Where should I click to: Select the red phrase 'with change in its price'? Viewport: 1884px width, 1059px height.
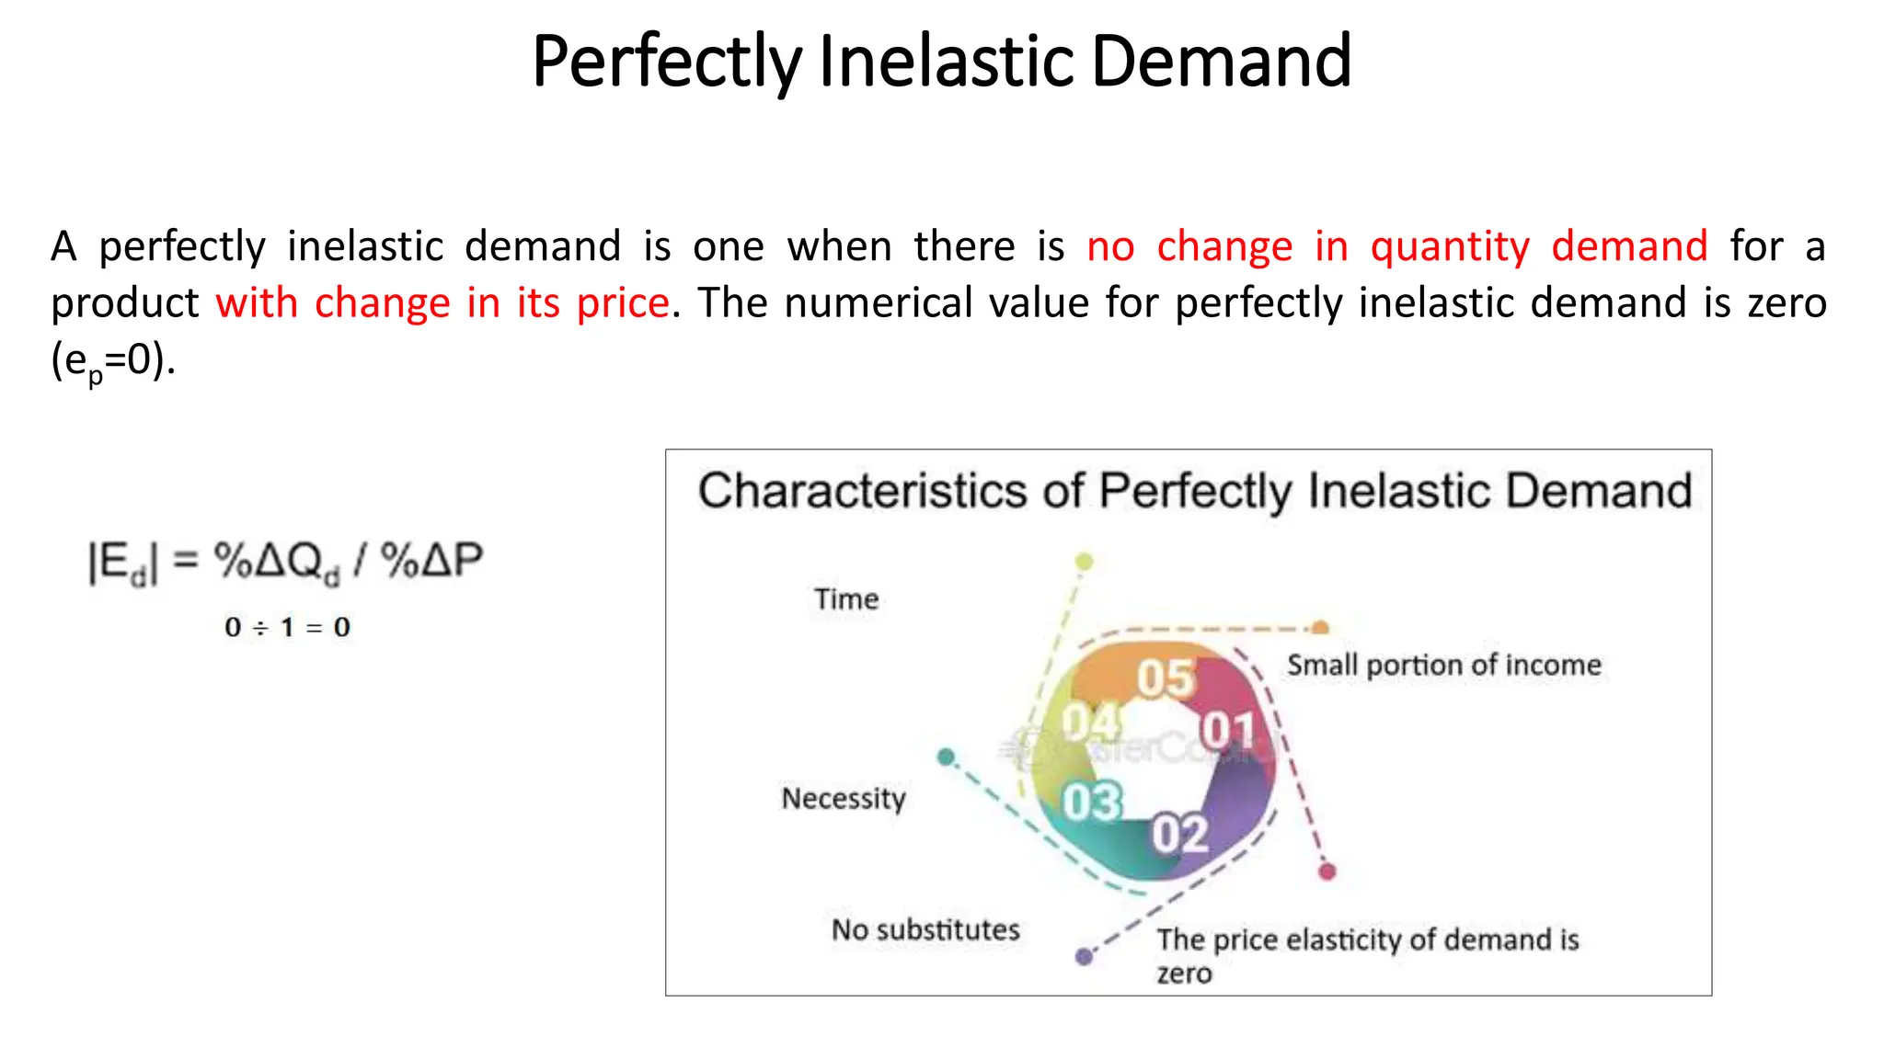point(442,303)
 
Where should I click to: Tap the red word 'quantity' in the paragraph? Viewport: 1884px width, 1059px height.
point(1450,246)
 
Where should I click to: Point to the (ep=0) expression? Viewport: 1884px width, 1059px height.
point(112,361)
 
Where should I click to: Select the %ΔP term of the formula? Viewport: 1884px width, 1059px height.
point(431,560)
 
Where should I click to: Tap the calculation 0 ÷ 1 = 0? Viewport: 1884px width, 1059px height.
point(287,628)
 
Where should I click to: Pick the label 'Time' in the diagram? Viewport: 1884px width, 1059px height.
point(846,599)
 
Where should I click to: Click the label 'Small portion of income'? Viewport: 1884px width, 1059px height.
point(1443,665)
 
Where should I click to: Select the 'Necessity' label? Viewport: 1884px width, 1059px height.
point(844,798)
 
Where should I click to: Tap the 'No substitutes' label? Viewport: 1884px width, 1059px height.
point(925,929)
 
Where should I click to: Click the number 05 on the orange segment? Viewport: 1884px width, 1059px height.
point(1166,678)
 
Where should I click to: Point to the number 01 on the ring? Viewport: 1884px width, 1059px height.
point(1228,730)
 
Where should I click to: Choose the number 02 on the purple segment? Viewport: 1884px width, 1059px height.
point(1180,834)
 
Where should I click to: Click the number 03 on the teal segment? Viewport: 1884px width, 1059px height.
point(1092,802)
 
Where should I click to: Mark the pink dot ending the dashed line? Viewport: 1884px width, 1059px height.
point(1327,871)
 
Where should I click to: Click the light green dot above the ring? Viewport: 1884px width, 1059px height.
point(1085,561)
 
